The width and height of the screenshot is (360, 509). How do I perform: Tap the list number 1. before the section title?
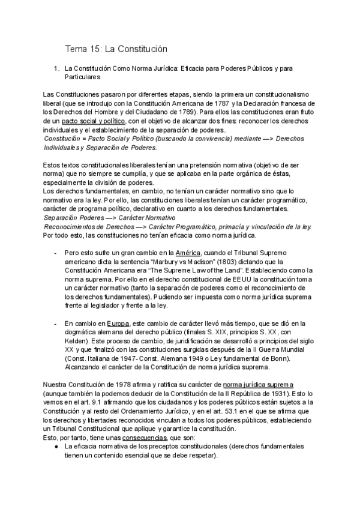click(56, 68)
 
